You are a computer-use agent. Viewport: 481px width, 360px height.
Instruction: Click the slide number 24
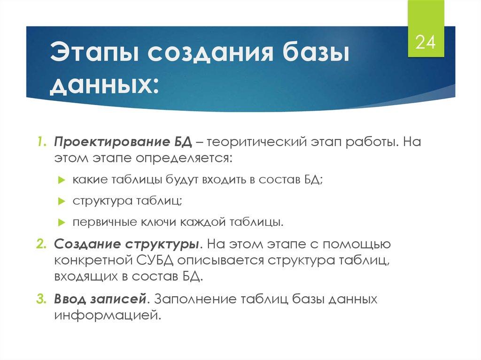[x=426, y=43]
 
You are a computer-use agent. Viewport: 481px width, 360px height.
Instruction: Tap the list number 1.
[x=41, y=141]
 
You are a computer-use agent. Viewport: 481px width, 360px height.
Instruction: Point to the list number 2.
[x=41, y=245]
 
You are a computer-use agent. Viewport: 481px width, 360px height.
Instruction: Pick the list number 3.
[x=41, y=299]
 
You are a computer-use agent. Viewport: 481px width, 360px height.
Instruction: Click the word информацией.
[x=108, y=315]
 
